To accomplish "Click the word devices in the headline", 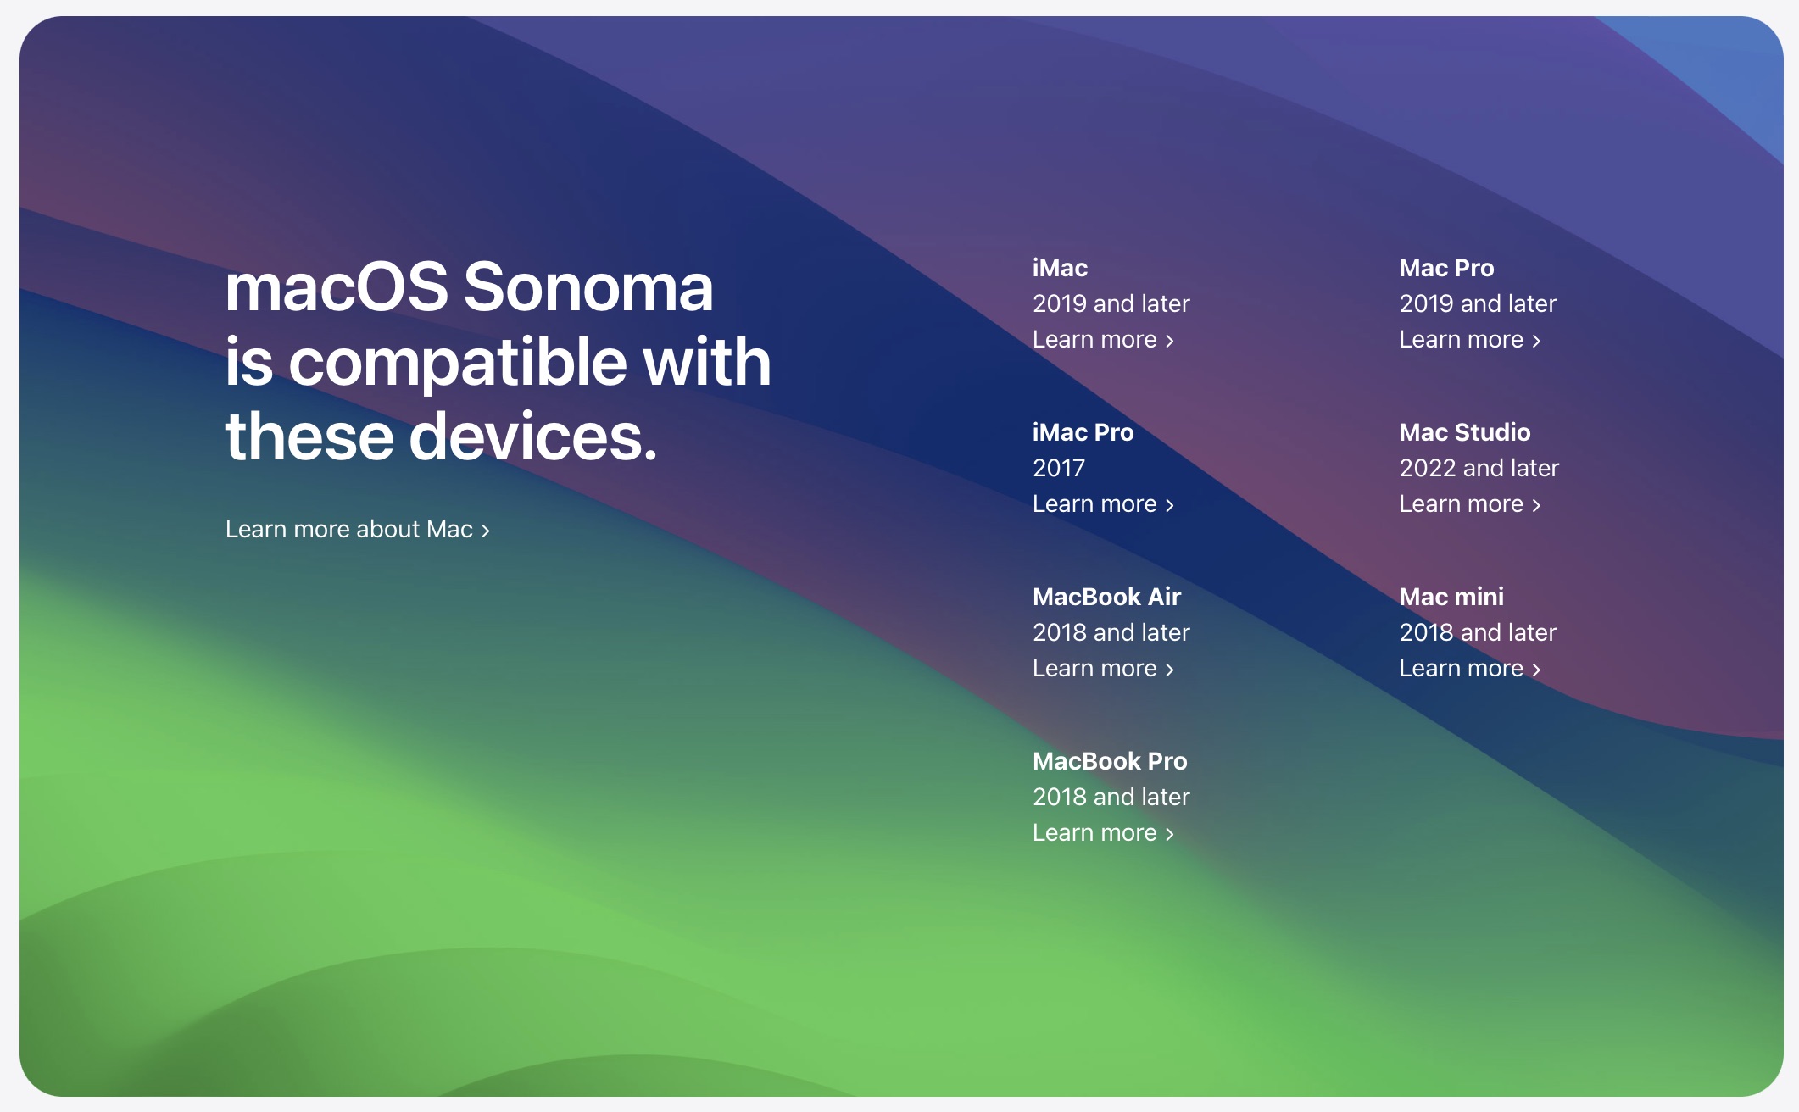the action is [534, 436].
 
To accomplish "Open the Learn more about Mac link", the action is [358, 529].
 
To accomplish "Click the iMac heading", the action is [1060, 268].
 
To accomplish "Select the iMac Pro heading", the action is [1083, 432].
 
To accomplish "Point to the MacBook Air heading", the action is [1106, 597].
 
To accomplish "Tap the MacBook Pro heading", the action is [1110, 761].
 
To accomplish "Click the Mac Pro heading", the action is [1446, 268].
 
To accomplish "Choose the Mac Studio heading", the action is [1465, 432].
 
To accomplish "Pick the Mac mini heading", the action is [1451, 597].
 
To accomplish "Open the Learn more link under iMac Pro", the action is [1103, 503].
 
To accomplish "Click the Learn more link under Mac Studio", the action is [1470, 503].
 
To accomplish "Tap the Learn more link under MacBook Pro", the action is [1103, 832].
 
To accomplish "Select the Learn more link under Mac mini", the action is [1470, 668].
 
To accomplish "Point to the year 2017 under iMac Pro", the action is [1059, 468].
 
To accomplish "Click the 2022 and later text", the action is [1479, 468].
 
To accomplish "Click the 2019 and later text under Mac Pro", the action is [1478, 303].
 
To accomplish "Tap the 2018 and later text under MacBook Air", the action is [1111, 632].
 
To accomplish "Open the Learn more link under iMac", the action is [1103, 339].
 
